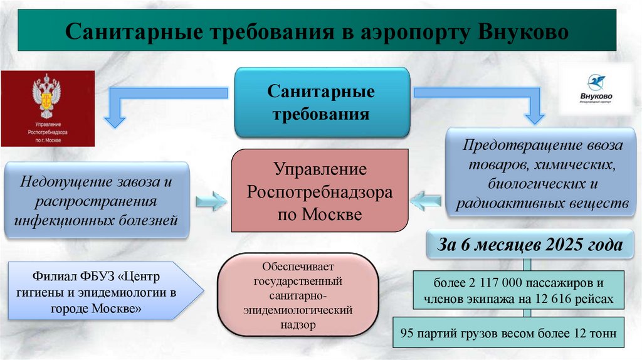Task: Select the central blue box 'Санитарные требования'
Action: pos(322,103)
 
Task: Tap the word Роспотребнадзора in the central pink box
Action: pos(320,192)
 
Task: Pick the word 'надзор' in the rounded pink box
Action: pos(296,325)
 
